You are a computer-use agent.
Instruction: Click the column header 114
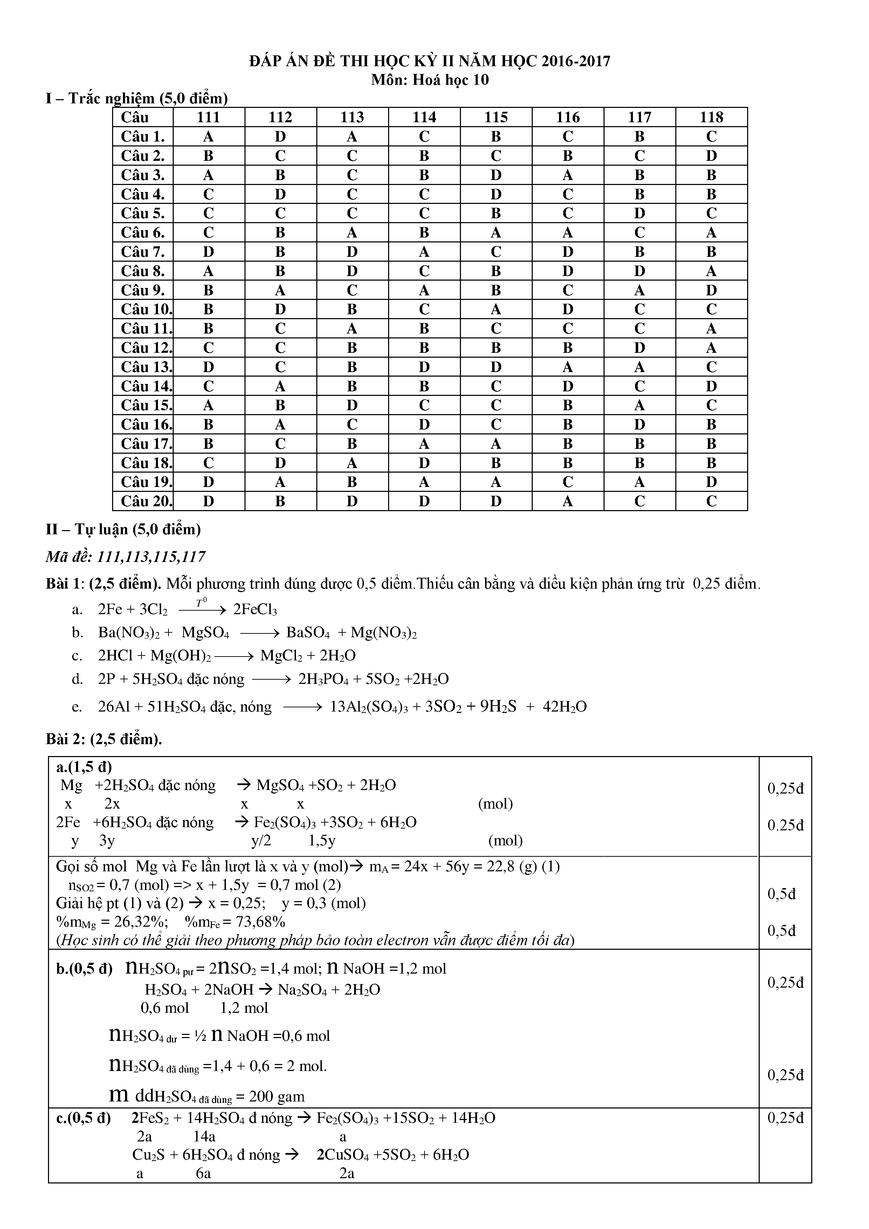click(x=424, y=117)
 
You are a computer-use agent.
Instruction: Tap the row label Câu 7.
click(x=143, y=252)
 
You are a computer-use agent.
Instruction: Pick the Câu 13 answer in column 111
click(x=209, y=367)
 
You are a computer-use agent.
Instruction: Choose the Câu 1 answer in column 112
click(x=281, y=137)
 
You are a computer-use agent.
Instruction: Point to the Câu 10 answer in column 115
click(x=496, y=309)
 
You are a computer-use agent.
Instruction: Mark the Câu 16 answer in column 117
click(x=640, y=425)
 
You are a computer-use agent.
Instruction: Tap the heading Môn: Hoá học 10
click(x=430, y=80)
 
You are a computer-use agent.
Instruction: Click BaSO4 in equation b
click(x=308, y=633)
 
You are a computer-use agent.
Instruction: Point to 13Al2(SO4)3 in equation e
click(x=369, y=707)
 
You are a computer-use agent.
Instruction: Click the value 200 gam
click(x=277, y=1096)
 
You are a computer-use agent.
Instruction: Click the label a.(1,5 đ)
click(x=84, y=767)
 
